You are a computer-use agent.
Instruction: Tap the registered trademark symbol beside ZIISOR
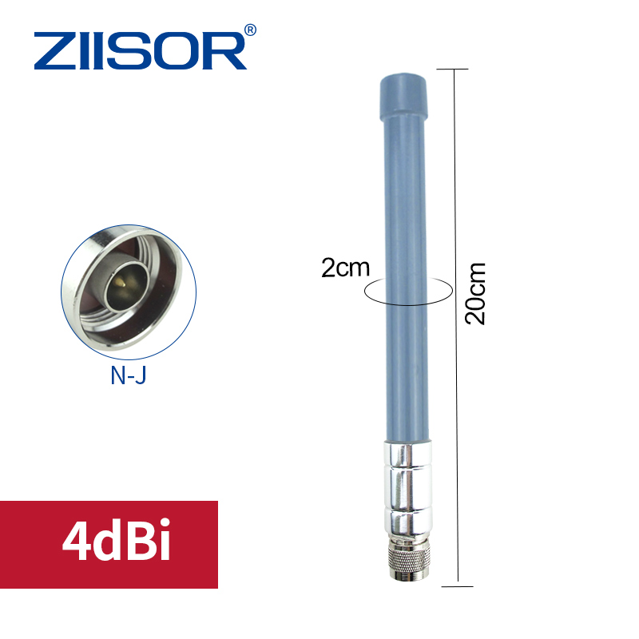250,30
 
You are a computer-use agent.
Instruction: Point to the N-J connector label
128,375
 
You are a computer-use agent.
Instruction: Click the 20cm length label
475,294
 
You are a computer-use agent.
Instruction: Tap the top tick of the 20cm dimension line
454,69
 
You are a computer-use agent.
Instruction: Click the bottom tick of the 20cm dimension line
454,585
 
